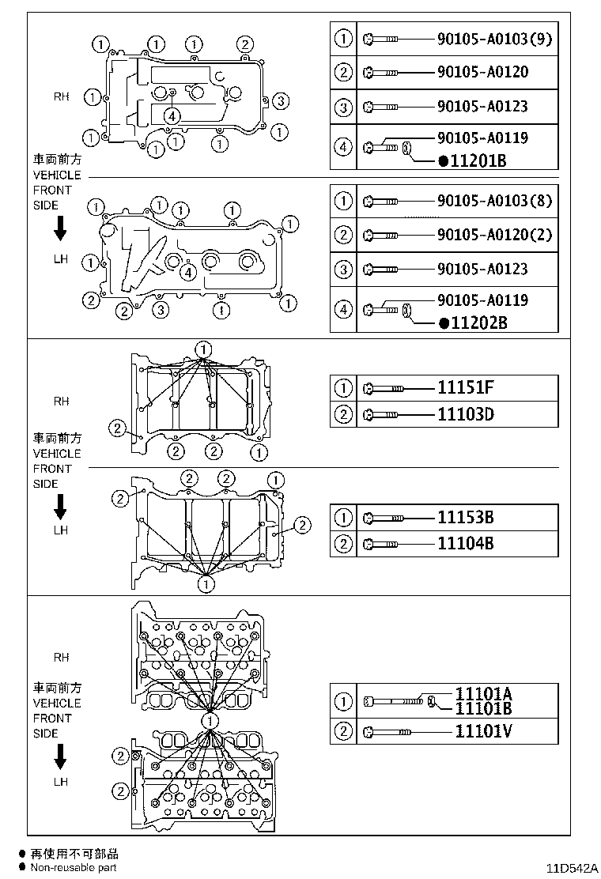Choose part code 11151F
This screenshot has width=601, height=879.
pos(466,387)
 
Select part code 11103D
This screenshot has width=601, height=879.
pos(466,413)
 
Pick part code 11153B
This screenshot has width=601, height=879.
pos(466,518)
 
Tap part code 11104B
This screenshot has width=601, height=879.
pos(466,544)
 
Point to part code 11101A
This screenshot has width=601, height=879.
pos(483,693)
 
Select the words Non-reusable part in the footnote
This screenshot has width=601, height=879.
pos(74,868)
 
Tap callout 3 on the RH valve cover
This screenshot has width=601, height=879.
pos(282,100)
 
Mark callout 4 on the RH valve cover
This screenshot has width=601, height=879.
pos(172,115)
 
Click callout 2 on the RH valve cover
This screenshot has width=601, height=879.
pos(245,44)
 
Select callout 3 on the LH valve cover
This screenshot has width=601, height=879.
pos(160,309)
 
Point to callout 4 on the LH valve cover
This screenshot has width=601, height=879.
pos(187,273)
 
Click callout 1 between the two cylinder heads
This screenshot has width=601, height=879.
pos(210,721)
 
